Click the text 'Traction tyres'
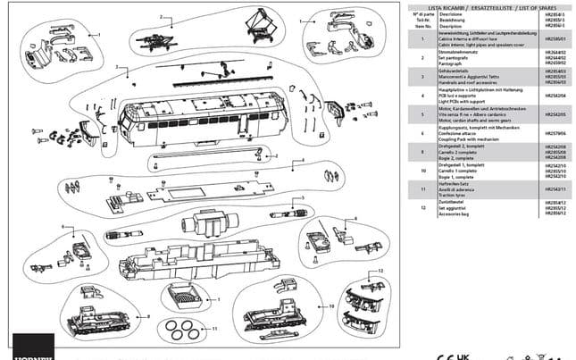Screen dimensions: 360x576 (451, 193)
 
